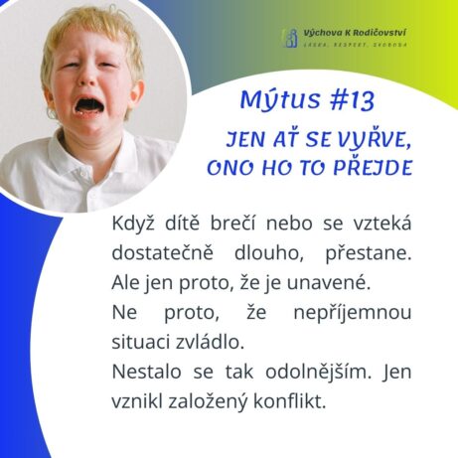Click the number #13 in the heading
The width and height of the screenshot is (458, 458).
pos(352,100)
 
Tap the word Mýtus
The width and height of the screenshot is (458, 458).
pos(280,99)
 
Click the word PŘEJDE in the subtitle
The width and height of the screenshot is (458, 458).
pos(373,167)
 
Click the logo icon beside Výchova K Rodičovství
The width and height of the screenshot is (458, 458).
pos(290,38)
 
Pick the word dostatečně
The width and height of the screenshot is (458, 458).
pos(162,252)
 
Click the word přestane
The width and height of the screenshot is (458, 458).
pos(368,254)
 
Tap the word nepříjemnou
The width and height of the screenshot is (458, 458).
pos(353,313)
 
